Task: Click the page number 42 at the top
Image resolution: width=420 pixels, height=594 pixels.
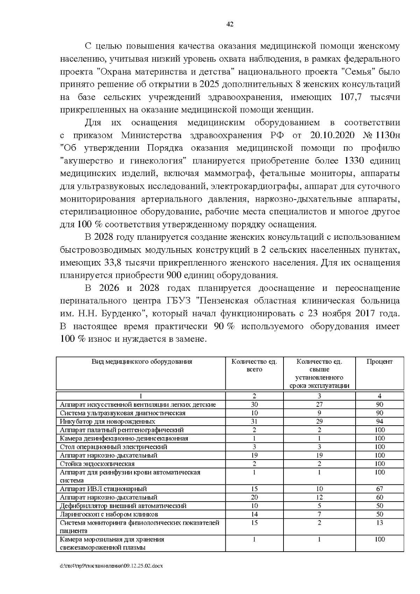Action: (x=230, y=24)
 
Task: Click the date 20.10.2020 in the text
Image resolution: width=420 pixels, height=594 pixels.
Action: (x=332, y=135)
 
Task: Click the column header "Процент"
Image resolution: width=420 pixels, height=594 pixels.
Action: (x=379, y=362)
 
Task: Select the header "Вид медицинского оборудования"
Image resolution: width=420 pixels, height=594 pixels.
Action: (x=142, y=362)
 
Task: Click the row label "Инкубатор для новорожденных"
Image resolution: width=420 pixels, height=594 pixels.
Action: (x=107, y=421)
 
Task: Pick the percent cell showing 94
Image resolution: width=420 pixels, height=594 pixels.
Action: (x=379, y=421)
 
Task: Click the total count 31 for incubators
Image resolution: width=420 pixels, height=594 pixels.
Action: (x=254, y=421)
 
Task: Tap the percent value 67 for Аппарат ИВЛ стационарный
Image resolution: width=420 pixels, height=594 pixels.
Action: (x=379, y=489)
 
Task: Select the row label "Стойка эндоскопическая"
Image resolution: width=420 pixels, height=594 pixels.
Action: (x=97, y=464)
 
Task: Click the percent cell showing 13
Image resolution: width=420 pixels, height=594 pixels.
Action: (x=379, y=523)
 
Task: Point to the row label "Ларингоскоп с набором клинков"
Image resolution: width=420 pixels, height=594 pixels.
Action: (x=109, y=514)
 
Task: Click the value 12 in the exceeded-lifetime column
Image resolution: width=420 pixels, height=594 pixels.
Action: (x=319, y=497)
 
